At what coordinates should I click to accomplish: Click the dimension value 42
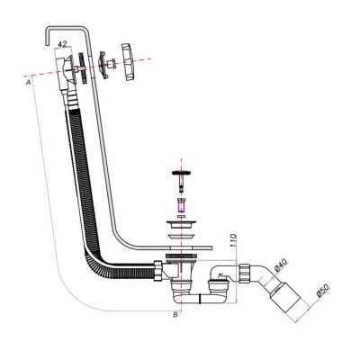(x=62, y=42)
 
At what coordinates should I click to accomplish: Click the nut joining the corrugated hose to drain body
(x=158, y=268)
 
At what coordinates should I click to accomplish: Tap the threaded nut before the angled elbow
(x=243, y=270)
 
